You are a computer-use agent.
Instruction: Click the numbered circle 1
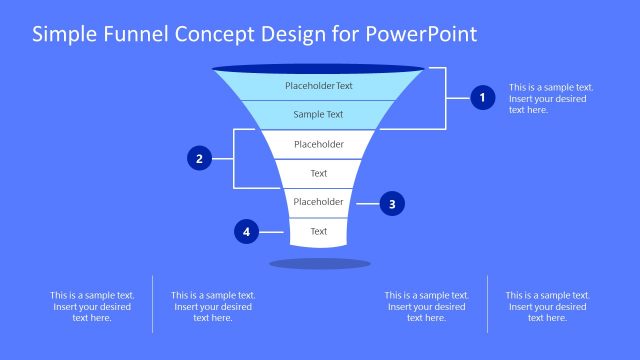(x=483, y=98)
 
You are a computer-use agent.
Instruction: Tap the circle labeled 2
(x=200, y=158)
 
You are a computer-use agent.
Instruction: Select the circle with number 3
(x=392, y=204)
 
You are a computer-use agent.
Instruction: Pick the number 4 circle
(x=246, y=232)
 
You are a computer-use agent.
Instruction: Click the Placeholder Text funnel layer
(x=318, y=86)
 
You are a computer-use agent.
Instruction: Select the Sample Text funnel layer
(x=318, y=115)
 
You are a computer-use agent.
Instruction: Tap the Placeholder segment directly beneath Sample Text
(x=318, y=144)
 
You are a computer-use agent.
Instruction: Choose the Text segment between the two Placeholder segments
(x=318, y=173)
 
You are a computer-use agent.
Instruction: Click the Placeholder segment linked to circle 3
(x=318, y=202)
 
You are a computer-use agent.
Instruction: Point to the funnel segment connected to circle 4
(x=318, y=231)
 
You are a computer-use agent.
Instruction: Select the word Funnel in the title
(x=139, y=34)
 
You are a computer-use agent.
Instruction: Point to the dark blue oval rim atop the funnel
(x=318, y=69)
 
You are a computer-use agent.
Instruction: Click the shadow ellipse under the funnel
(x=320, y=263)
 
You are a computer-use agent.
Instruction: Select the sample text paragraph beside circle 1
(x=550, y=98)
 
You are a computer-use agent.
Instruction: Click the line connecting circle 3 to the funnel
(x=366, y=204)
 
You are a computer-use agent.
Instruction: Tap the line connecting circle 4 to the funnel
(x=273, y=232)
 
